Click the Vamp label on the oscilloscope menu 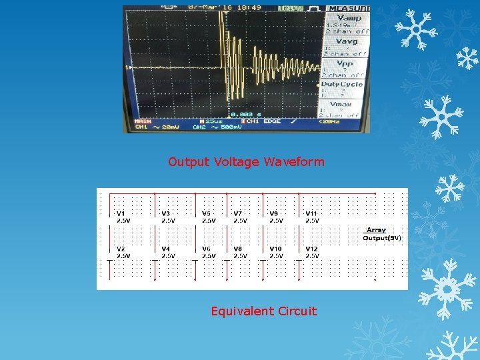pos(349,19)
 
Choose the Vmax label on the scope pos(341,104)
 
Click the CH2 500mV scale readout pos(217,127)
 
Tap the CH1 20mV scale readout pos(153,127)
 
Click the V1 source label pos(121,213)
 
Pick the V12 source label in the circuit pos(312,249)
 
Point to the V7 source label pos(238,213)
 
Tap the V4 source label pos(166,249)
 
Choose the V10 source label pos(275,249)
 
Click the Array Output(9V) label pos(381,234)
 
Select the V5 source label pos(207,213)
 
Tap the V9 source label pos(274,213)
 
